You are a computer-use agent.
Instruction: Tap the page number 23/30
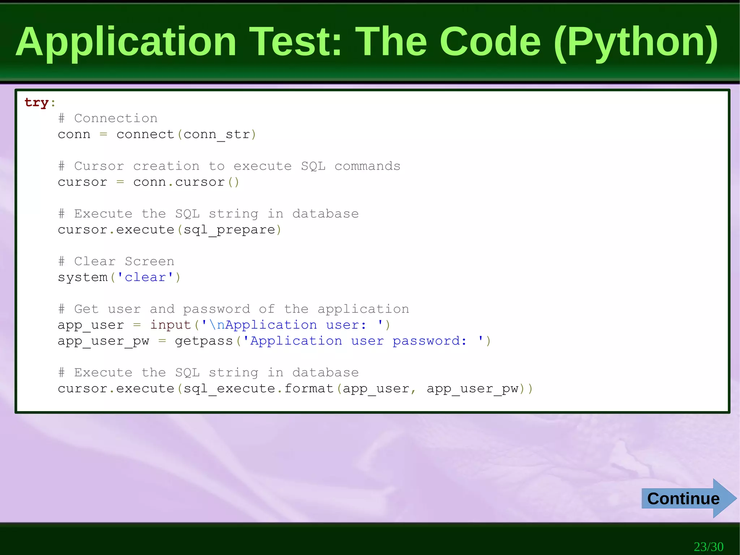[x=708, y=546]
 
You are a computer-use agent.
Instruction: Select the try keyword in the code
[x=36, y=103]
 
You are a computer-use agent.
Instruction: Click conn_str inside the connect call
[x=217, y=135]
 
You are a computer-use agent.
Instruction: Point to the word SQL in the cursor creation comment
[x=313, y=166]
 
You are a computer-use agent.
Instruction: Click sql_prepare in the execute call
[x=229, y=230]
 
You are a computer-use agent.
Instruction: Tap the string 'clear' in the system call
[x=145, y=277]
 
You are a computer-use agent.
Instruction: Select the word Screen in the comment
[x=150, y=261]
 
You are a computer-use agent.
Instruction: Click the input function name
[x=171, y=325]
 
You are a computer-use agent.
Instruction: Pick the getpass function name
[x=204, y=341]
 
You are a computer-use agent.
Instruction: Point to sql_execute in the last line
[x=229, y=389]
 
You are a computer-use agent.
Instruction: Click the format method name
[x=309, y=389]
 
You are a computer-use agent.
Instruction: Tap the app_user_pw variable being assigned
[x=103, y=341]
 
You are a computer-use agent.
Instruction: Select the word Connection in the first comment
[x=116, y=119]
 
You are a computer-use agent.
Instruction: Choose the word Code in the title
[x=490, y=42]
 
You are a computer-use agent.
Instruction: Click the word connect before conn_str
[x=145, y=135]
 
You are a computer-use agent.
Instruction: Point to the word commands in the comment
[x=367, y=166]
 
